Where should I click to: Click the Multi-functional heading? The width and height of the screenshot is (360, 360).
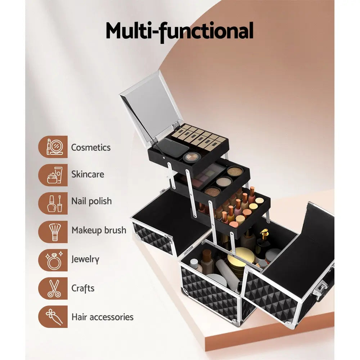(179, 31)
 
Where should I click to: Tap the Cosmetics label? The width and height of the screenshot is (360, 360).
(91, 147)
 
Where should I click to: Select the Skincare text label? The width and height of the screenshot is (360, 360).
(87, 174)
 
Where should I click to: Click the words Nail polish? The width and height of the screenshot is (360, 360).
(91, 201)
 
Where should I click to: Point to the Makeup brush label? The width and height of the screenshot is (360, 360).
(99, 230)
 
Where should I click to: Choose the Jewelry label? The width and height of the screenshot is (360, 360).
(85, 259)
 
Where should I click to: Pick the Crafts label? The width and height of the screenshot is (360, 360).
(83, 288)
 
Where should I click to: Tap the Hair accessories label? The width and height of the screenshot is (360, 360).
(102, 317)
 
